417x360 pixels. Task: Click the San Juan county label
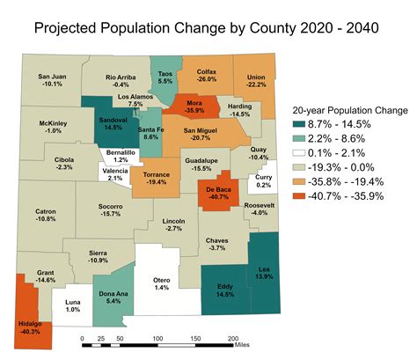tap(55, 76)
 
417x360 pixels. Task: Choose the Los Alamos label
tap(135, 95)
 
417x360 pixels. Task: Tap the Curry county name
tap(264, 176)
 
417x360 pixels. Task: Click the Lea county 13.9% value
tap(264, 276)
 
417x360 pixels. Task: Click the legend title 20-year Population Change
tap(349, 111)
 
